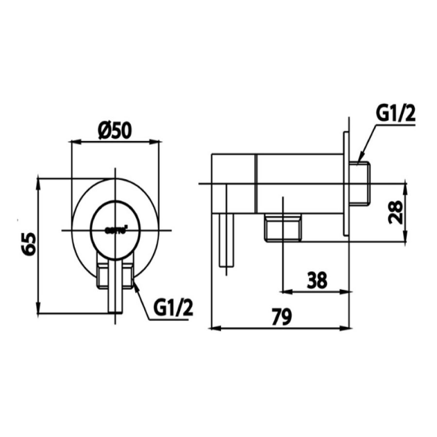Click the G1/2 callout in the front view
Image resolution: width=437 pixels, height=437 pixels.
[x=172, y=307]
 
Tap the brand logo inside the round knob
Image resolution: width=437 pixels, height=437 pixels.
[x=116, y=230]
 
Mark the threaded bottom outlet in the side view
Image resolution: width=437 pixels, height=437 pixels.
[x=283, y=229]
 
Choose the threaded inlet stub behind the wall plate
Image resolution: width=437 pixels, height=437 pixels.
[x=362, y=184]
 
